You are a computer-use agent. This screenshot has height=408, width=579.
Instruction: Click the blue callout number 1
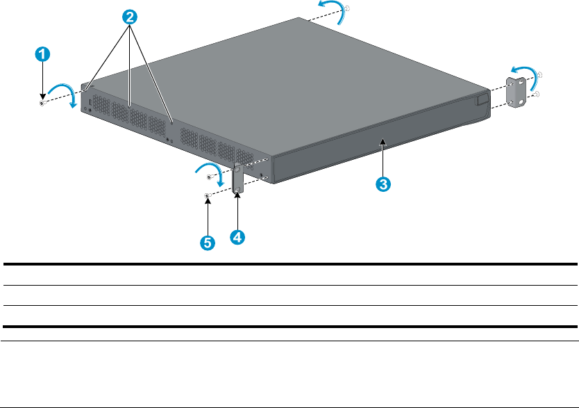[43, 53]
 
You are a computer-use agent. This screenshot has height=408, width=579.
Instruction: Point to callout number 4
[237, 237]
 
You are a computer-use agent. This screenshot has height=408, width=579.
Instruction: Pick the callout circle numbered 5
[207, 243]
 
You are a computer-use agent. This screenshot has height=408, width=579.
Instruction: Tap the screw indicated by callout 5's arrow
[207, 197]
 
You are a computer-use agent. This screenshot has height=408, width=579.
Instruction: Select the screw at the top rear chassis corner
[346, 8]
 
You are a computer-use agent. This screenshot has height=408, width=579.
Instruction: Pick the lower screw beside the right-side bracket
[536, 95]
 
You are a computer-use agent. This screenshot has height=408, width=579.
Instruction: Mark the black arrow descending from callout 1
[43, 82]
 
